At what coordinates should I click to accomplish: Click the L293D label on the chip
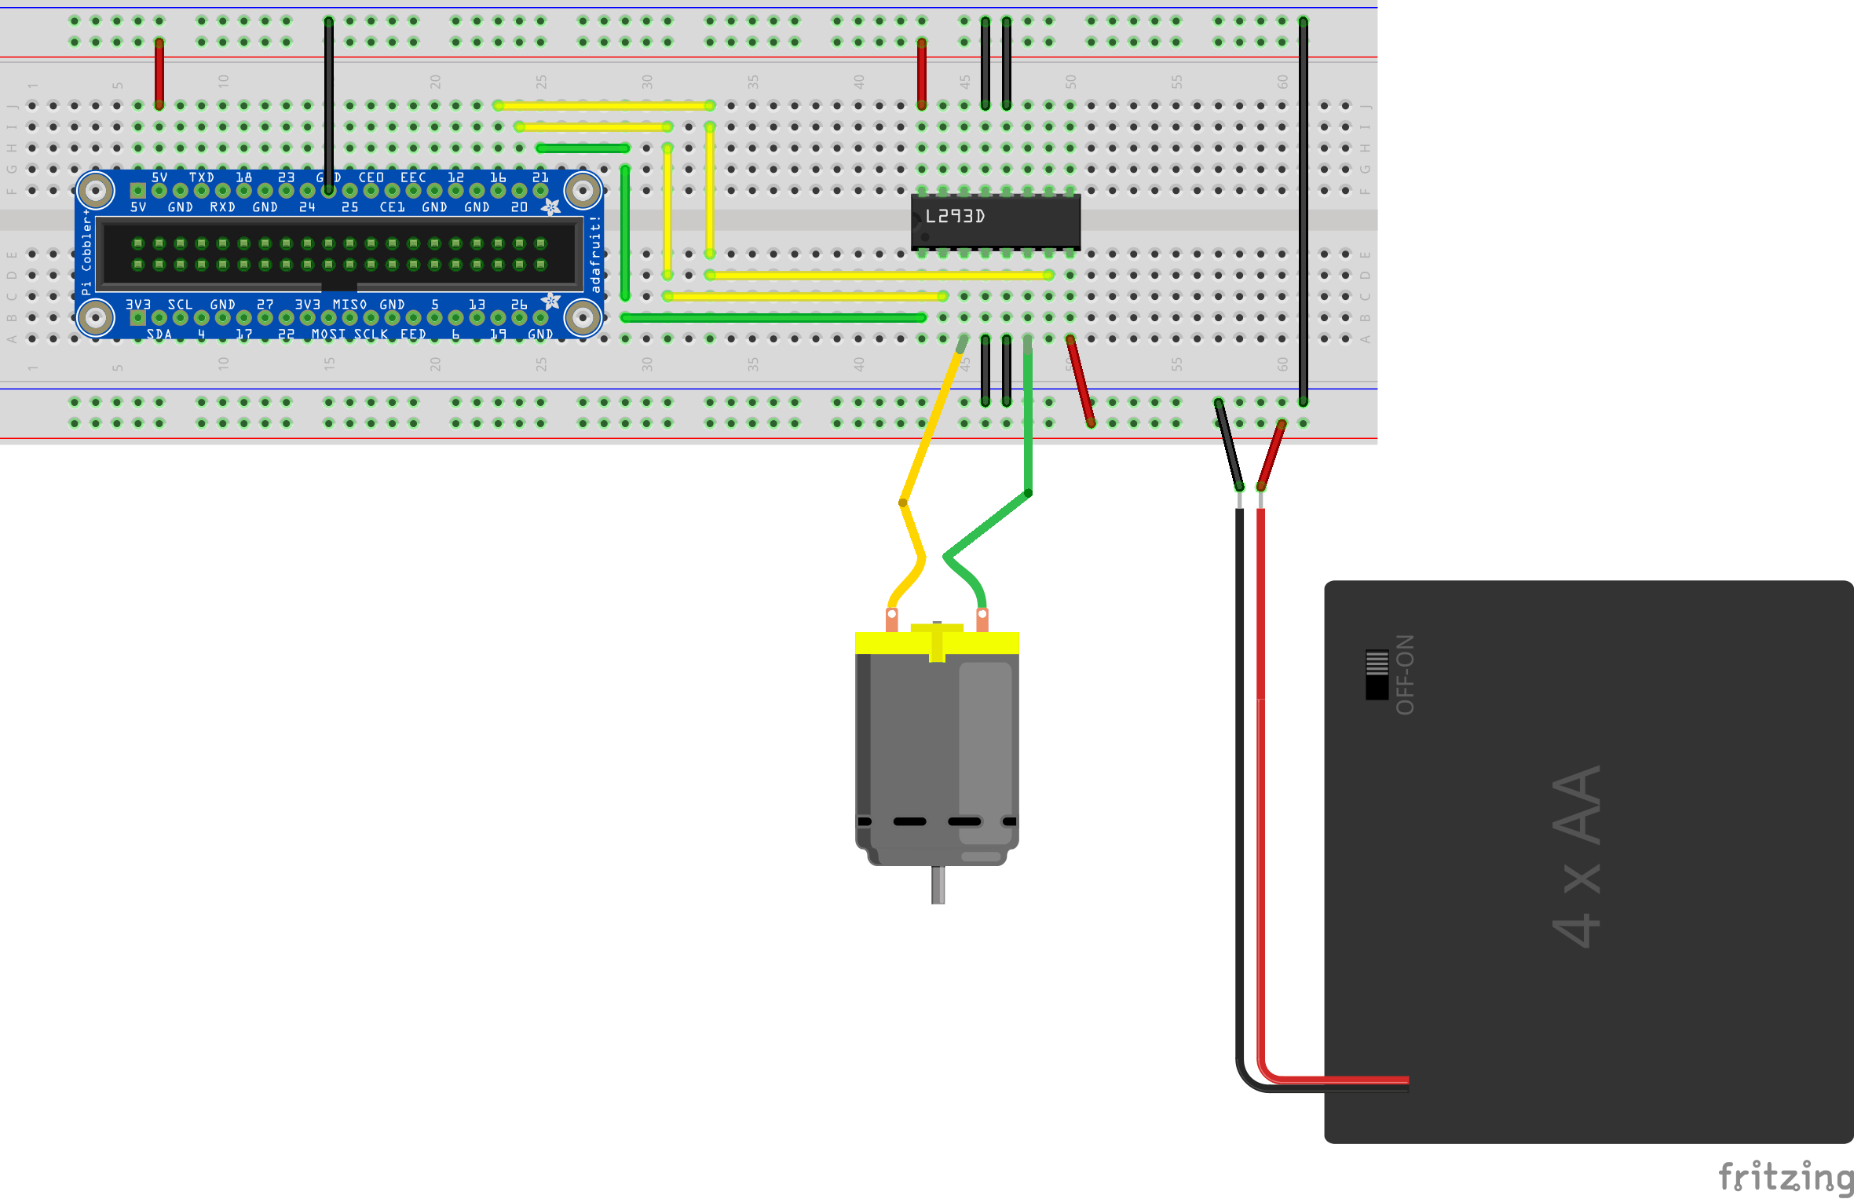coord(954,217)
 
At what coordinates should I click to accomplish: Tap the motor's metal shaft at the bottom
coord(938,885)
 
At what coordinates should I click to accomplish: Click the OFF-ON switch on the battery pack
coord(1377,674)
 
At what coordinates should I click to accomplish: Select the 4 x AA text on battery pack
coord(1577,856)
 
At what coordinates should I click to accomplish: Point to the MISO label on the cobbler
coord(349,305)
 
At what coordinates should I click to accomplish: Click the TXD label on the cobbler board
coord(201,177)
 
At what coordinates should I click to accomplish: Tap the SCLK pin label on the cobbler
coord(371,334)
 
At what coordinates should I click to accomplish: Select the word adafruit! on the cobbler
coord(595,254)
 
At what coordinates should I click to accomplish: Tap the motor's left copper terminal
coord(892,620)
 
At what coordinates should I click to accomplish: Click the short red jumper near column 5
coord(159,74)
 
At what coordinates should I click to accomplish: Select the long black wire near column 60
coord(1303,212)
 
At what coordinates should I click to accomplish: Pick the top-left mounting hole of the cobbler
coord(97,190)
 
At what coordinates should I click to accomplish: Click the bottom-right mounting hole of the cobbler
coord(583,318)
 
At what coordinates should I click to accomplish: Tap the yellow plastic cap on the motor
coord(936,642)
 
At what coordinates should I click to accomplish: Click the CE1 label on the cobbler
coord(392,207)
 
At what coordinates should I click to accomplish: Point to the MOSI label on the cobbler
coord(327,334)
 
